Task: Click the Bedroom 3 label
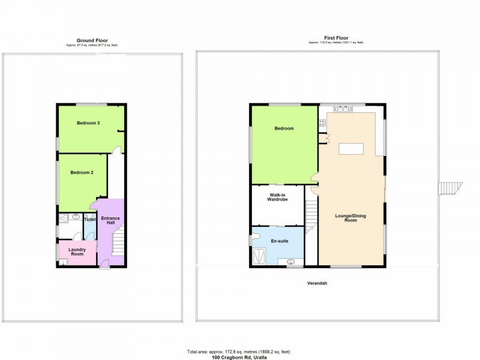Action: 88,123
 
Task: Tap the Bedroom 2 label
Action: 82,173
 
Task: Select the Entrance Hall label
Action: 110,221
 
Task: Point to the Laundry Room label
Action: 77,252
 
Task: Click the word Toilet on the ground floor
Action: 89,220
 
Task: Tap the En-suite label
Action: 280,241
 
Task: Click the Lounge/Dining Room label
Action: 350,217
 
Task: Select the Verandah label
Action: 318,283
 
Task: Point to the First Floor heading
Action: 335,38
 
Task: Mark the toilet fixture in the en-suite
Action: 256,235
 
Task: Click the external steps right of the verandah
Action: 448,189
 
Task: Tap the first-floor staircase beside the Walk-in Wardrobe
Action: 311,216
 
